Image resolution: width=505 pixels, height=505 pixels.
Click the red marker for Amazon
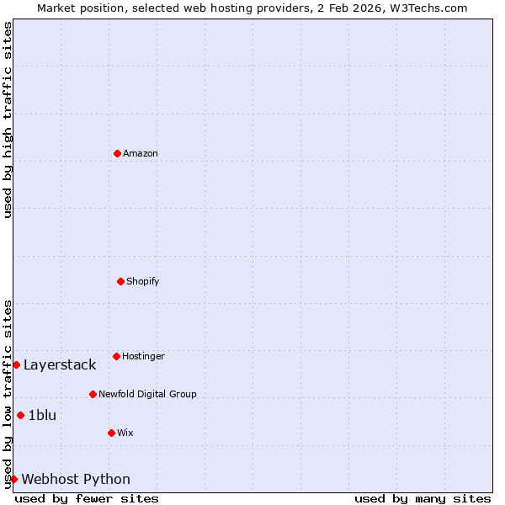pos(117,153)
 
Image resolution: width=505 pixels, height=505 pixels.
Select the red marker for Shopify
pos(120,281)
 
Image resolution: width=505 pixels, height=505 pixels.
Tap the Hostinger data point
pos(116,356)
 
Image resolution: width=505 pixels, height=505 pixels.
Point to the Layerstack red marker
pos(16,364)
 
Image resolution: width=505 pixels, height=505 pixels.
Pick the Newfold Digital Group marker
pos(93,394)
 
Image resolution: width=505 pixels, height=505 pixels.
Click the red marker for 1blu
pos(20,415)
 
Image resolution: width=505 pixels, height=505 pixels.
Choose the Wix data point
pos(111,433)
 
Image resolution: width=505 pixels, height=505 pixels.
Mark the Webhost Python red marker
pos(13,479)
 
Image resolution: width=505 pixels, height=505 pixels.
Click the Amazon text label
pos(141,153)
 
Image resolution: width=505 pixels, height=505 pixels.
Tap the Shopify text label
pos(143,281)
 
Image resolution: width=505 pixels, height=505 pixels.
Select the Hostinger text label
pos(143,356)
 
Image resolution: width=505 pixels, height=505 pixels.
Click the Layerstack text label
pos(60,364)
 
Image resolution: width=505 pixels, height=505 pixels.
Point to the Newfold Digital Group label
pos(147,394)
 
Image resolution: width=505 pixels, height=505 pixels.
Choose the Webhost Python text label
pos(76,479)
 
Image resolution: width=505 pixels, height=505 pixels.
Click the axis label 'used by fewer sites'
pos(87,498)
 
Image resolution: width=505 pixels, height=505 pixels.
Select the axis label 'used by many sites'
pos(423,498)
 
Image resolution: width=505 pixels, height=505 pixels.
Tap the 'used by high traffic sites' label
pos(8,120)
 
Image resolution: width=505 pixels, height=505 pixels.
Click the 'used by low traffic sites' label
pos(8,394)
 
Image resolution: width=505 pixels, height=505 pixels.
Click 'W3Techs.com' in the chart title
pos(433,8)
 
